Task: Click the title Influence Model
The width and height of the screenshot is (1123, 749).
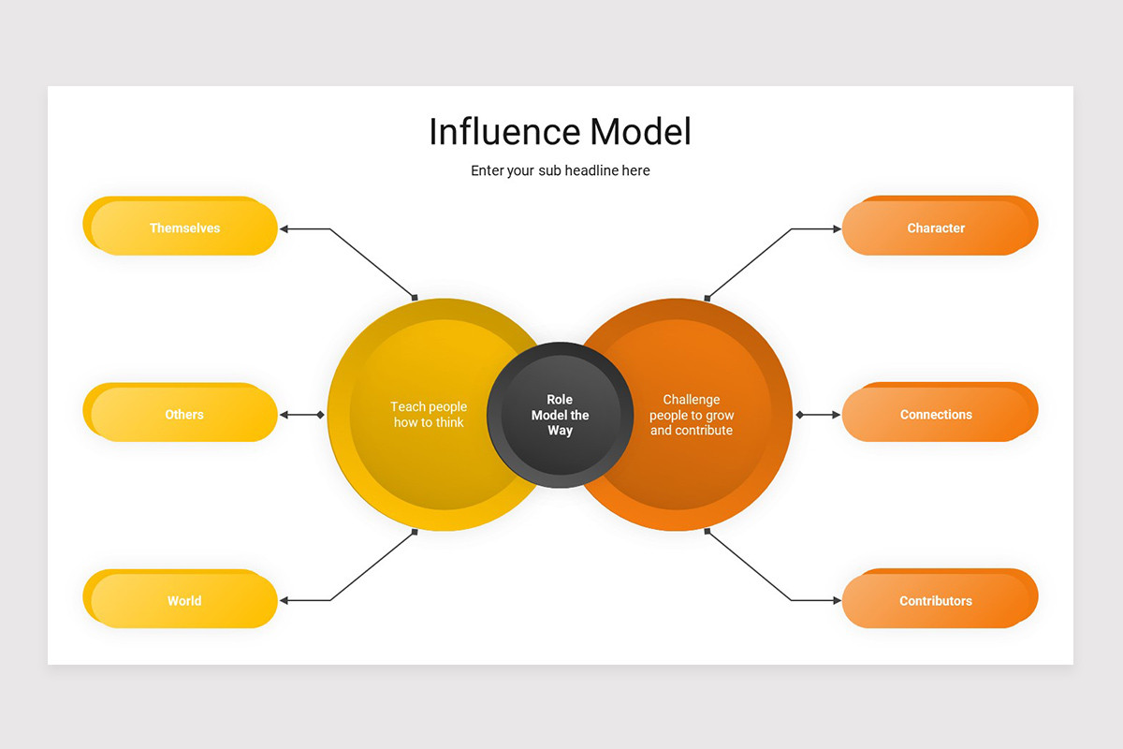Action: (x=560, y=132)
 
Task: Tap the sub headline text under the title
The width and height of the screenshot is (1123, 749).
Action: (x=560, y=170)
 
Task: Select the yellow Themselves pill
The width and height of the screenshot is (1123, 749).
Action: (x=184, y=228)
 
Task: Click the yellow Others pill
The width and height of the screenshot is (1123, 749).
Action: (x=184, y=414)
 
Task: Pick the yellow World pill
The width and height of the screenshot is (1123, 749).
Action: (x=184, y=600)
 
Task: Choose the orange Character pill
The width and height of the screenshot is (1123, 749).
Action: (x=936, y=228)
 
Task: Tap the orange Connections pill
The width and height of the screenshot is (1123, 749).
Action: (x=936, y=414)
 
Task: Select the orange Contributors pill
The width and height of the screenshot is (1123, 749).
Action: (x=936, y=600)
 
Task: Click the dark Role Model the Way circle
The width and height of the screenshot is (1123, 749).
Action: (x=560, y=414)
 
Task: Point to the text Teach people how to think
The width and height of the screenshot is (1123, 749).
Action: (x=429, y=414)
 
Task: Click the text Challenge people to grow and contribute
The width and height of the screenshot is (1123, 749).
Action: (x=692, y=414)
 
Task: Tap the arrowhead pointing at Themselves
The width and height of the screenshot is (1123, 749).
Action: (x=284, y=228)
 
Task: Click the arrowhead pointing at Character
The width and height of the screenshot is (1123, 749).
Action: (x=837, y=228)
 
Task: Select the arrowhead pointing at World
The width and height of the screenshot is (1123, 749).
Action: (x=284, y=600)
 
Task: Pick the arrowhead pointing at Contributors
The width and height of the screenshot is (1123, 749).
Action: (x=837, y=600)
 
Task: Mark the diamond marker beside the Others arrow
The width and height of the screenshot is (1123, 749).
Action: (x=320, y=414)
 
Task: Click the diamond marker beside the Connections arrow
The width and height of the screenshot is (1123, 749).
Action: (x=799, y=414)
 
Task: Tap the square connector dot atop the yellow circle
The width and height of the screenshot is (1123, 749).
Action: (x=415, y=298)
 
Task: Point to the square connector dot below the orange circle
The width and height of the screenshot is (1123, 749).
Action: (x=707, y=531)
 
